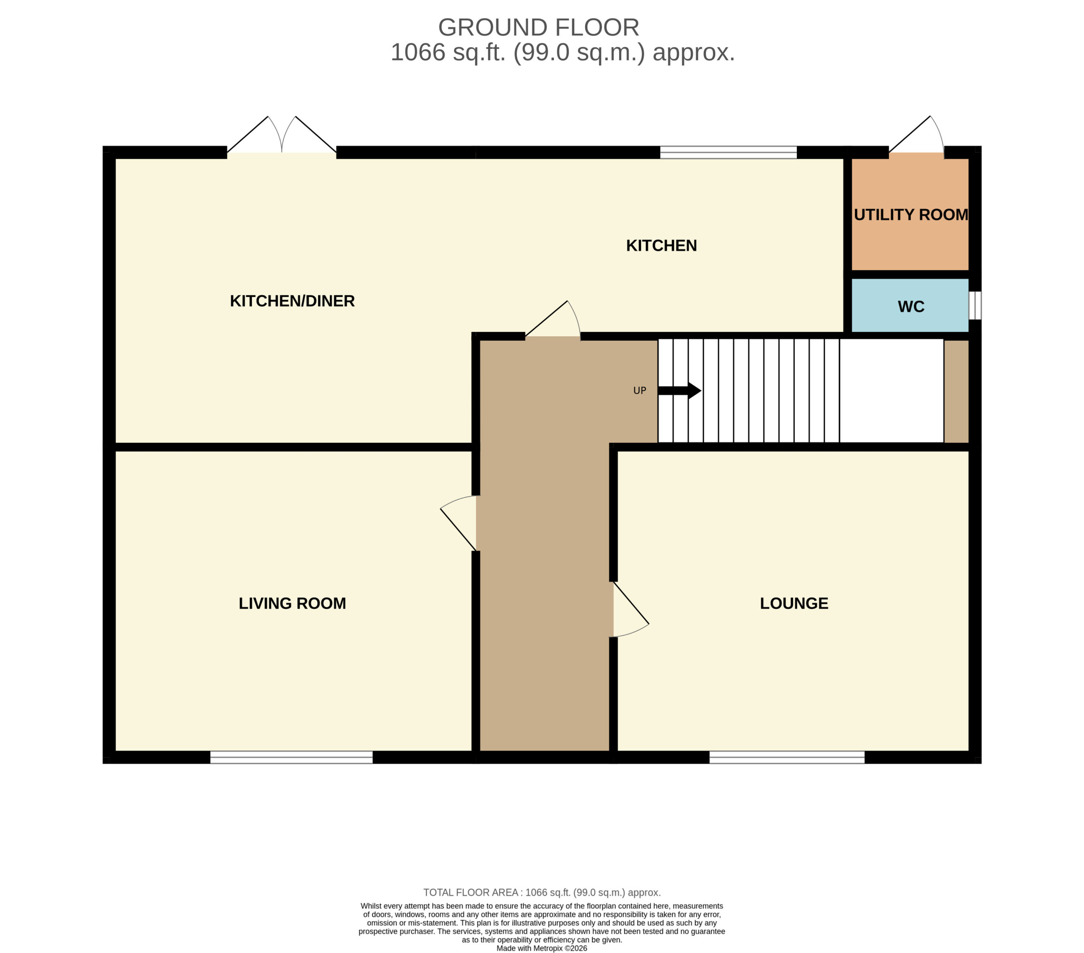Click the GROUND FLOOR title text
click(538, 28)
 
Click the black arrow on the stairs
click(679, 391)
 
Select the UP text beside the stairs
click(639, 391)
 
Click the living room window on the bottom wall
click(292, 758)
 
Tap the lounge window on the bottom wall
click(787, 758)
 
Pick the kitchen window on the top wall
click(728, 153)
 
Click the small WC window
click(975, 306)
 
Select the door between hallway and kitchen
click(553, 319)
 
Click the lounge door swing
click(631, 609)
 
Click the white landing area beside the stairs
click(891, 391)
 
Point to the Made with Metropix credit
click(542, 948)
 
